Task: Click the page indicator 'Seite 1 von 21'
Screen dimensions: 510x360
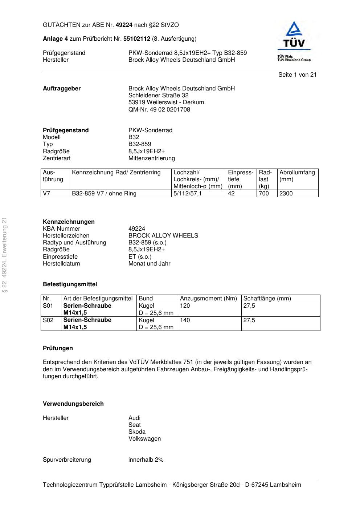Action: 297,75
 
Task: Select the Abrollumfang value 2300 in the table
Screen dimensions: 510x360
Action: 286,194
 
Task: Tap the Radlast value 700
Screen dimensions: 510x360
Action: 264,194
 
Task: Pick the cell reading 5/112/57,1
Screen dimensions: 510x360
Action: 188,194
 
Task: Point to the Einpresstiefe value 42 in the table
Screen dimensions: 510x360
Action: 232,194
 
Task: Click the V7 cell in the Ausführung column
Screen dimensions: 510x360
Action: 46,194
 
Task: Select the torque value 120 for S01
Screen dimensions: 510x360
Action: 185,306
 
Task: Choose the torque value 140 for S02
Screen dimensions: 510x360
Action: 185,320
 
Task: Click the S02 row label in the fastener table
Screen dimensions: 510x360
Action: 48,320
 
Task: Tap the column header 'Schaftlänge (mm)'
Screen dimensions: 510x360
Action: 267,299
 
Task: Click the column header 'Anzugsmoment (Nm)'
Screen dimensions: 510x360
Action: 208,299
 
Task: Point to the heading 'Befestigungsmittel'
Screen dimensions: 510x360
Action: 70,284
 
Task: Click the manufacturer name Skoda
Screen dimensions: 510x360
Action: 137,432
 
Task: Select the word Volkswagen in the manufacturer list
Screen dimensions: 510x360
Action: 144,439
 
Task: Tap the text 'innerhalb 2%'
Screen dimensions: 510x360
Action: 146,460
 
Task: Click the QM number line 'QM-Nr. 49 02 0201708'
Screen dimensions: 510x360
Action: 159,110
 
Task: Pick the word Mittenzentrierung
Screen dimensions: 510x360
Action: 152,158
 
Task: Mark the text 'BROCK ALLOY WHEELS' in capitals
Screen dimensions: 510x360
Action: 163,236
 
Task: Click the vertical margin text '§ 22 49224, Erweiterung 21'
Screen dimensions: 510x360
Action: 5,255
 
